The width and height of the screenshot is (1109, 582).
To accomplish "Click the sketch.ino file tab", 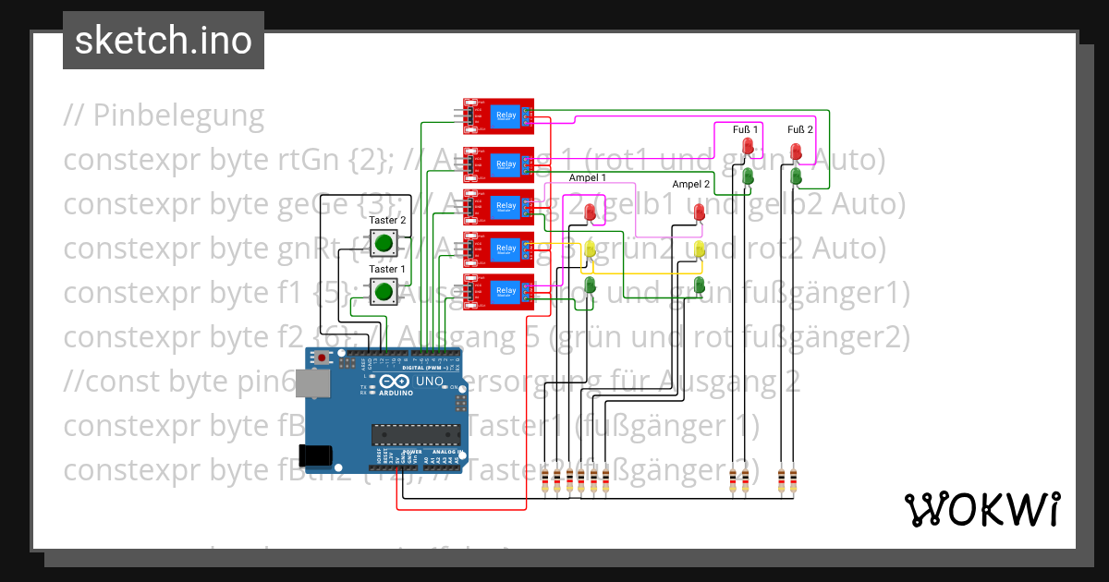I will (x=164, y=41).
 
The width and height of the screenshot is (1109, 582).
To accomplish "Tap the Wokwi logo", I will (x=981, y=509).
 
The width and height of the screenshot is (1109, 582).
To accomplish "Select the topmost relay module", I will (x=498, y=115).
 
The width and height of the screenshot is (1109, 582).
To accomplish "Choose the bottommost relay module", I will (x=498, y=291).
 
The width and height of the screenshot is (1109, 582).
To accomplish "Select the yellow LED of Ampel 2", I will (x=700, y=248).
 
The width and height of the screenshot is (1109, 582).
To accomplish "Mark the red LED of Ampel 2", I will (x=700, y=212).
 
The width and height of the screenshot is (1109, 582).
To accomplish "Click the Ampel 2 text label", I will (x=690, y=185).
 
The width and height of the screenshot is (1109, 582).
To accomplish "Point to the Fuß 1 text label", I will (x=745, y=129).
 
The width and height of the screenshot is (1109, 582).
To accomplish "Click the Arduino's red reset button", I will (x=322, y=358).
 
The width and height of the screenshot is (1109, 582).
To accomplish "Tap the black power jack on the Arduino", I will (x=315, y=455).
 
